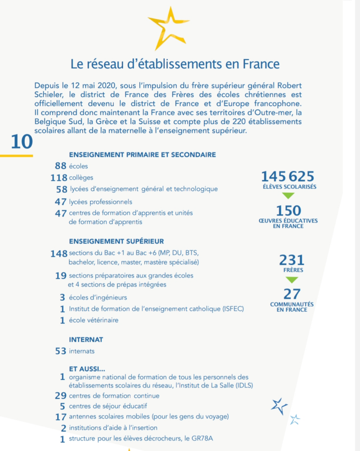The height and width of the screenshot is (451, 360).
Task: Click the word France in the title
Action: coord(261,64)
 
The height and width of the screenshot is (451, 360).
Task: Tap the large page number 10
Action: coord(22,142)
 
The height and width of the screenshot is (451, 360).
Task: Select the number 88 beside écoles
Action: coord(60,166)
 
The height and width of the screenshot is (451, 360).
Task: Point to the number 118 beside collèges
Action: coord(59,177)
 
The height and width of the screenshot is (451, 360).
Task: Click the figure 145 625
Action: coord(287,176)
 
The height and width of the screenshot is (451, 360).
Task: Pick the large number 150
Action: coord(288,211)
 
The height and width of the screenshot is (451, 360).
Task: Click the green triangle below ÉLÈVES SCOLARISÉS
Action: coord(288,195)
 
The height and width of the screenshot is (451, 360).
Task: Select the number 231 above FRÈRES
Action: coord(292,260)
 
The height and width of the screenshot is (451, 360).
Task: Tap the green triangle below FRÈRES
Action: coord(292,279)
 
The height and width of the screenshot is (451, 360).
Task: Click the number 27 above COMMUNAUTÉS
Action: coord(292,294)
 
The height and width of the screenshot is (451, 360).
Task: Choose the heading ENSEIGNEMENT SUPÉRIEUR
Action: coord(116,241)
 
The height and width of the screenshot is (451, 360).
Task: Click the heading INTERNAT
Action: coord(86,340)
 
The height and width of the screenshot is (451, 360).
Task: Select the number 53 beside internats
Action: coord(60,351)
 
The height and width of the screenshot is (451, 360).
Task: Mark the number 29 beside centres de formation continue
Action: coord(60,396)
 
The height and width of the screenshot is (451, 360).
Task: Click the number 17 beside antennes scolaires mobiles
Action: coord(60,416)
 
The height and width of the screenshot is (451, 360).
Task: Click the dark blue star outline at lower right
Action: coord(278,406)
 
